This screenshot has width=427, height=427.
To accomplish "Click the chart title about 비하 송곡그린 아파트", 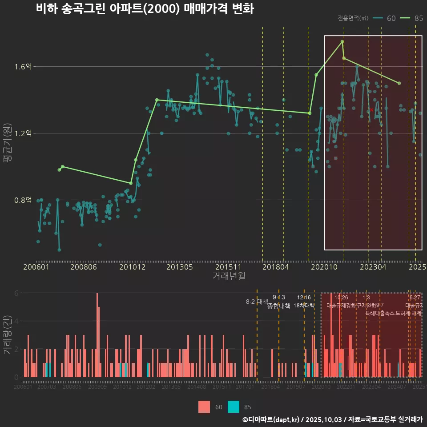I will click(145, 9).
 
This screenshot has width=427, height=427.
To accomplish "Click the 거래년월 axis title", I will click(229, 277).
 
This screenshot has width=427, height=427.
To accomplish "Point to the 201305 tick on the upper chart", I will click(179, 267).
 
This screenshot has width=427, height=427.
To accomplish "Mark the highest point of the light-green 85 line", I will click(342, 41).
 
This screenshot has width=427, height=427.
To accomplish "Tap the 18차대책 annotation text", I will click(304, 306).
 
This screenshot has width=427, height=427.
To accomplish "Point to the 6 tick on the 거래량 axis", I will click(16, 293).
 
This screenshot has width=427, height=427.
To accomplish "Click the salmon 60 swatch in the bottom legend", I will click(204, 407).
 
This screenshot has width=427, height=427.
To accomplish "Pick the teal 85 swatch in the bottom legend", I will click(233, 407).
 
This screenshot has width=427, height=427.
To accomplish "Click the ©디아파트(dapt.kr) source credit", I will click(272, 419).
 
